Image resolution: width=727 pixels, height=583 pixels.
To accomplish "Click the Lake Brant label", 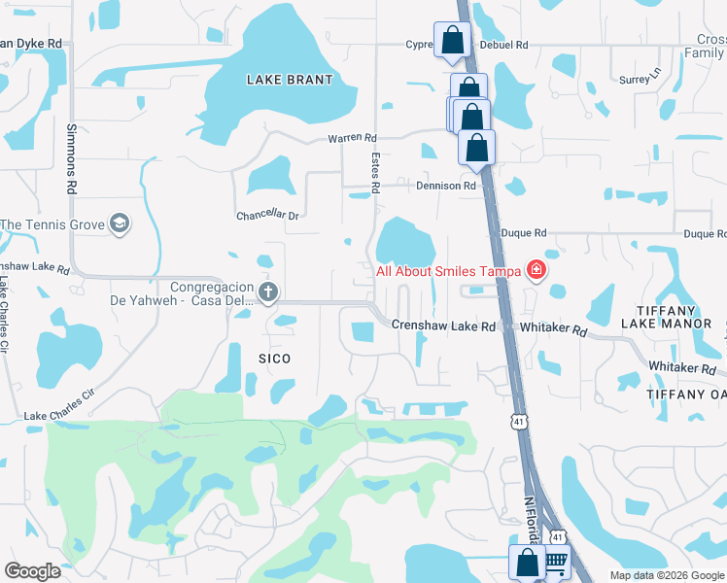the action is pos(290,80).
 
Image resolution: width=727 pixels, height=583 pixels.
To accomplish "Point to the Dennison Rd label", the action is pos(447,186).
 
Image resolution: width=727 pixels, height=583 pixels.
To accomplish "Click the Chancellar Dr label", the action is pos(267,216).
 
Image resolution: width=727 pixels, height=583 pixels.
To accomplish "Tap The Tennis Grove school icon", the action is pos(120,224).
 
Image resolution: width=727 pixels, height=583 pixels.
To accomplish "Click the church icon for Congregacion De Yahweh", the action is pos(269,291).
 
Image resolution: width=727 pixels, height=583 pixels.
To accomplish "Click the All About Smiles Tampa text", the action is pos(448,271).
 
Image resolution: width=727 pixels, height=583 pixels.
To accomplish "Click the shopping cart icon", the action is pos(555,563).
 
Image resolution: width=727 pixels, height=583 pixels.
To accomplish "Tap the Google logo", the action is pos(32,571).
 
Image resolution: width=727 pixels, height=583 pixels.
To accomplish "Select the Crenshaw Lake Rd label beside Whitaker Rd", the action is pos(443,326).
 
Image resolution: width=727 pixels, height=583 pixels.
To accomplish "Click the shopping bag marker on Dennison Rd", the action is pos(476,149).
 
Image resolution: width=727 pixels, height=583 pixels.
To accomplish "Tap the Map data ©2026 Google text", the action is pos(666,575).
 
